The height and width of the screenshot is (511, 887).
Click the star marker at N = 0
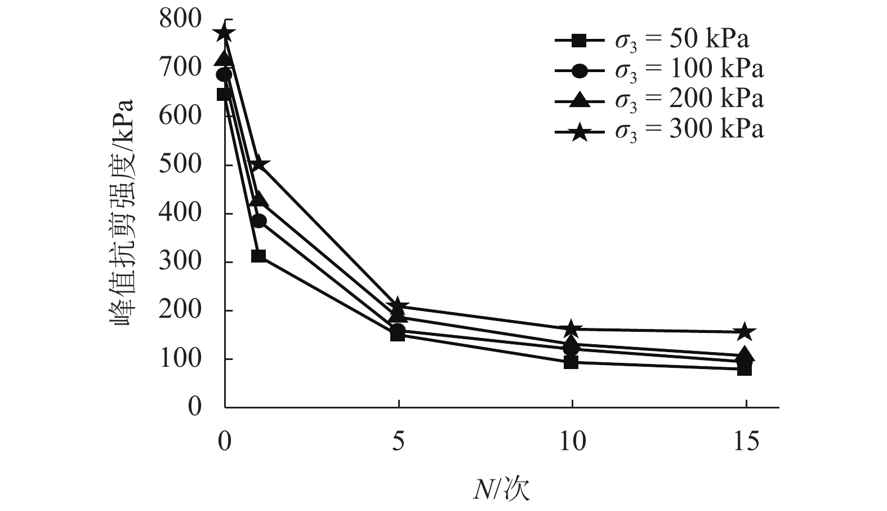click(x=224, y=33)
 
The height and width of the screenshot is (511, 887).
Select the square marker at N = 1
click(x=258, y=256)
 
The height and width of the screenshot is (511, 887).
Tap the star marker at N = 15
click(x=745, y=332)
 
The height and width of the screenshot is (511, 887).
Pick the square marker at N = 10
click(x=571, y=362)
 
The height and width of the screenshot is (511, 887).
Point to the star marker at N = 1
click(x=258, y=165)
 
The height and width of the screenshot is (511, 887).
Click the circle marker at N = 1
click(x=258, y=221)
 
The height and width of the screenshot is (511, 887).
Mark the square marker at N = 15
click(x=745, y=369)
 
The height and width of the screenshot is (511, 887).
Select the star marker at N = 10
click(x=571, y=328)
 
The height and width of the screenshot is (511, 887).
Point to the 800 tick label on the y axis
click(x=180, y=19)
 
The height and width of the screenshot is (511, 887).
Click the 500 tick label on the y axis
click(x=180, y=165)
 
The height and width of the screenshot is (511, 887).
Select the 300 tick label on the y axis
click(x=180, y=262)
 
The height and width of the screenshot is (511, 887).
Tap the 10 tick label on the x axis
click(x=572, y=441)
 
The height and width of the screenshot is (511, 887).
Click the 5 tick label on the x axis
click(x=398, y=441)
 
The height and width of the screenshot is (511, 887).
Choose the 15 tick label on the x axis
click(x=746, y=441)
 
